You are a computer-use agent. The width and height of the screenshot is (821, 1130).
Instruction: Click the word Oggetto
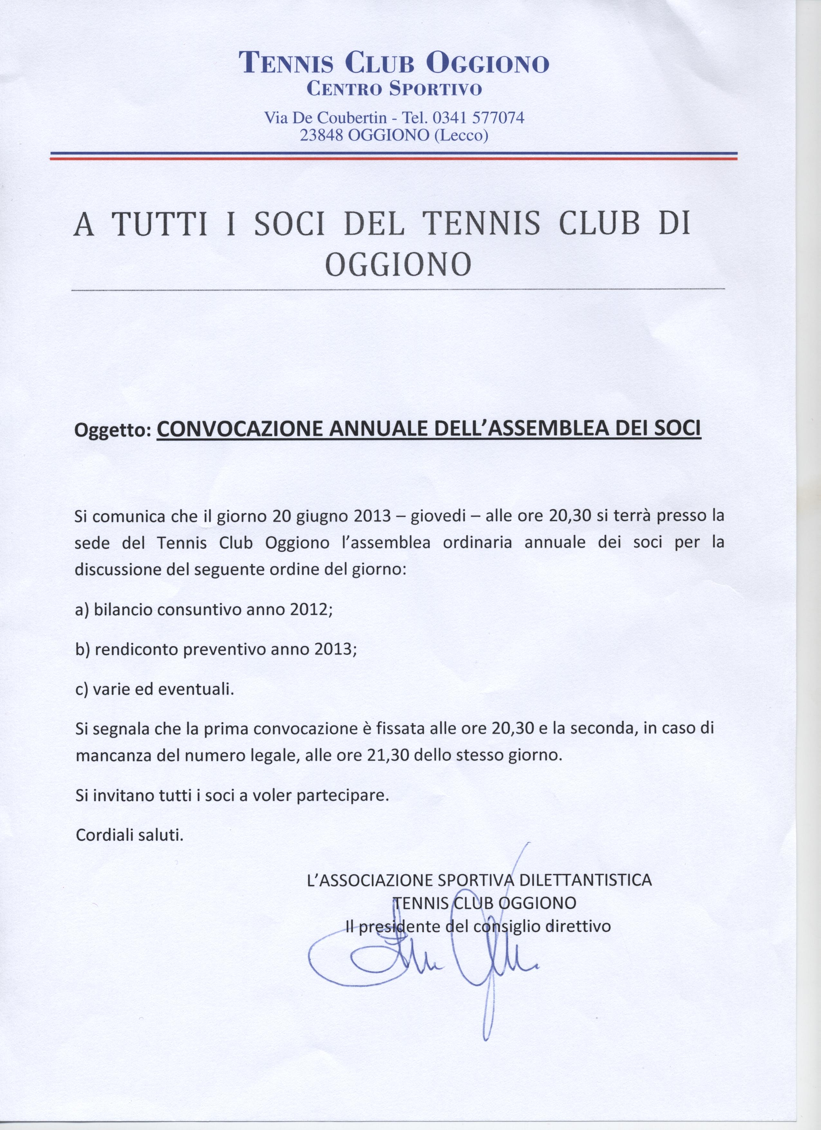112,431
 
